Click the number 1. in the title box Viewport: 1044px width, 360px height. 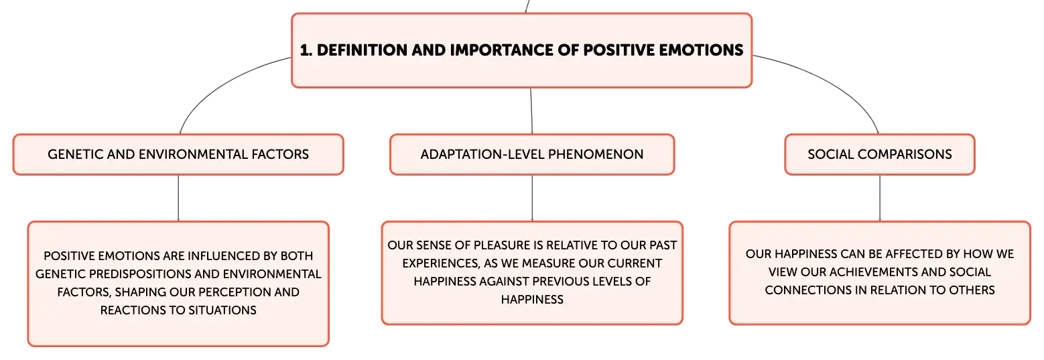(306, 50)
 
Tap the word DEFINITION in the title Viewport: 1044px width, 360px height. (362, 50)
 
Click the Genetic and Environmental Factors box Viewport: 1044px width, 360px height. (178, 154)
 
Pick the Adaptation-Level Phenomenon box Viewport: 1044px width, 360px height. (532, 154)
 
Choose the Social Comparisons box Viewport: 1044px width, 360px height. (880, 154)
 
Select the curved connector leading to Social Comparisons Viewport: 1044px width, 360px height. (834, 82)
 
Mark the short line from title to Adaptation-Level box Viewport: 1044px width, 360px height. (531, 111)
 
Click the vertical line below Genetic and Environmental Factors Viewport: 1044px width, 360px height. (178, 198)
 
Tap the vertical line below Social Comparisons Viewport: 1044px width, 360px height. (880, 198)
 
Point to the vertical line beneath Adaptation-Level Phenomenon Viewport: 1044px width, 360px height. (532, 198)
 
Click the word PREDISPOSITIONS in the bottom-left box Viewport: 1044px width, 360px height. (165, 274)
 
